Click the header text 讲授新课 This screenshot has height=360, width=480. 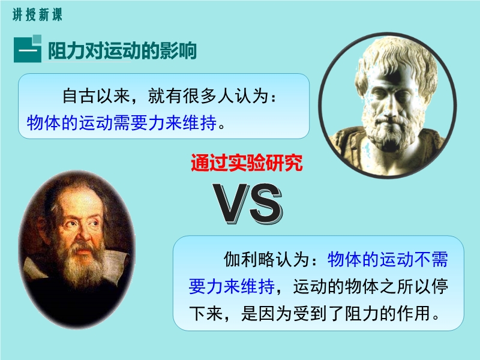37,14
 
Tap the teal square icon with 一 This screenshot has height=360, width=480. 28,49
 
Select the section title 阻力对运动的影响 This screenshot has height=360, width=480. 122,50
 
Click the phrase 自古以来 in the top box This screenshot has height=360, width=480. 97,96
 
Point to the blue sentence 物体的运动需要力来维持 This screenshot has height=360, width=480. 122,123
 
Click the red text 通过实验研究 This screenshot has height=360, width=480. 247,163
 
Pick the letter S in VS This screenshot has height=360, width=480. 265,203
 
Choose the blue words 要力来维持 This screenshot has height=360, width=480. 232,287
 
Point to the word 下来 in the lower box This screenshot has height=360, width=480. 206,313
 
